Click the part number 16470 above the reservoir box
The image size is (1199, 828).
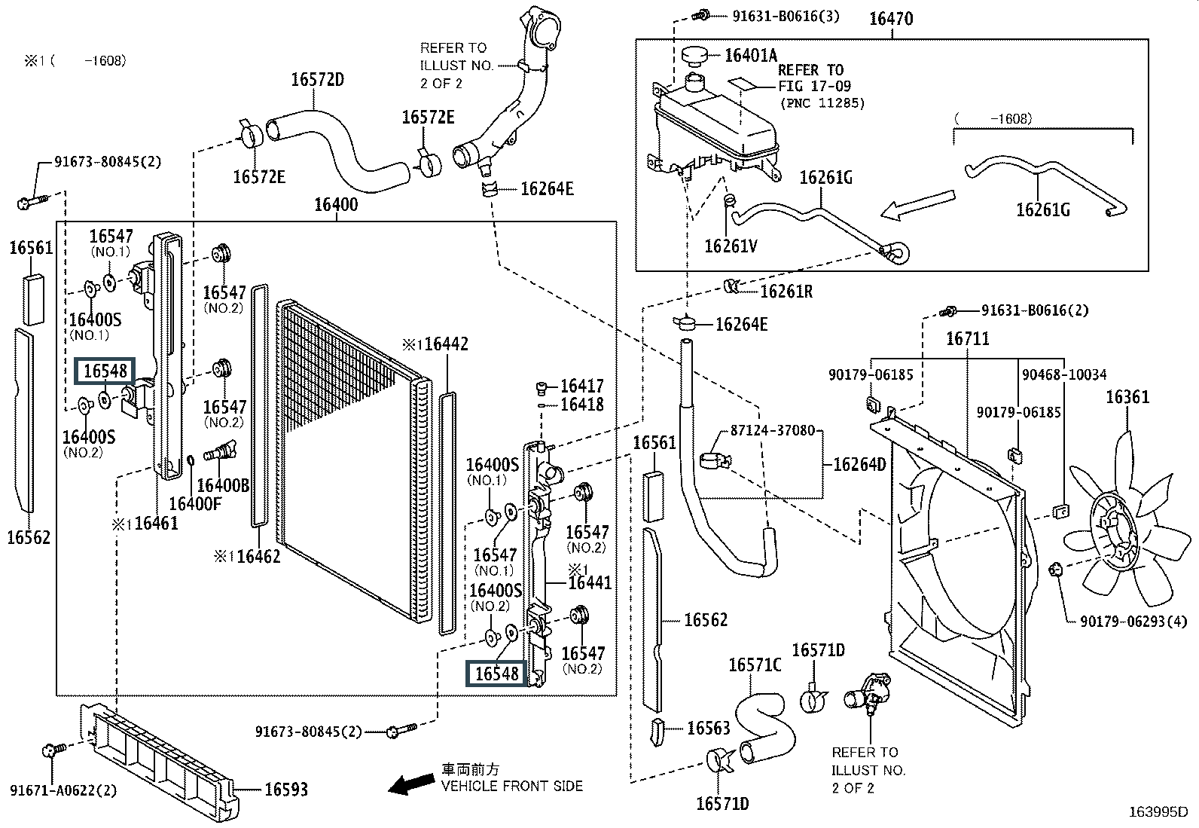click(x=891, y=19)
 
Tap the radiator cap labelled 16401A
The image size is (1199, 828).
click(x=694, y=54)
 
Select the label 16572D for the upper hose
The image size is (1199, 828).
click(x=317, y=80)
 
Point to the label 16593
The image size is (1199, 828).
click(x=286, y=789)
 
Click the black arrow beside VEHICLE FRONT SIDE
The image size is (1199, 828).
click(x=411, y=783)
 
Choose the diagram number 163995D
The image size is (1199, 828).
click(x=1158, y=812)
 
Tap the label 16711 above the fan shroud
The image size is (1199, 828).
click(x=968, y=338)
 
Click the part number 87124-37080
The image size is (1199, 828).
click(x=773, y=430)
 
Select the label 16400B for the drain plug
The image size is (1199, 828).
click(x=223, y=485)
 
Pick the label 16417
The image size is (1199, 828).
click(x=582, y=386)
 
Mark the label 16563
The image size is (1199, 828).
click(x=709, y=728)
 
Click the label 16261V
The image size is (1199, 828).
click(x=731, y=246)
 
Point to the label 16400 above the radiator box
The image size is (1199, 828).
click(x=336, y=205)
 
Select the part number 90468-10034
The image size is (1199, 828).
click(x=1064, y=374)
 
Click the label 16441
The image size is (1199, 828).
click(x=590, y=582)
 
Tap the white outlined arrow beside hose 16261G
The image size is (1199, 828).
click(x=917, y=205)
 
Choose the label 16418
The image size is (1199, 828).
click(x=582, y=405)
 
